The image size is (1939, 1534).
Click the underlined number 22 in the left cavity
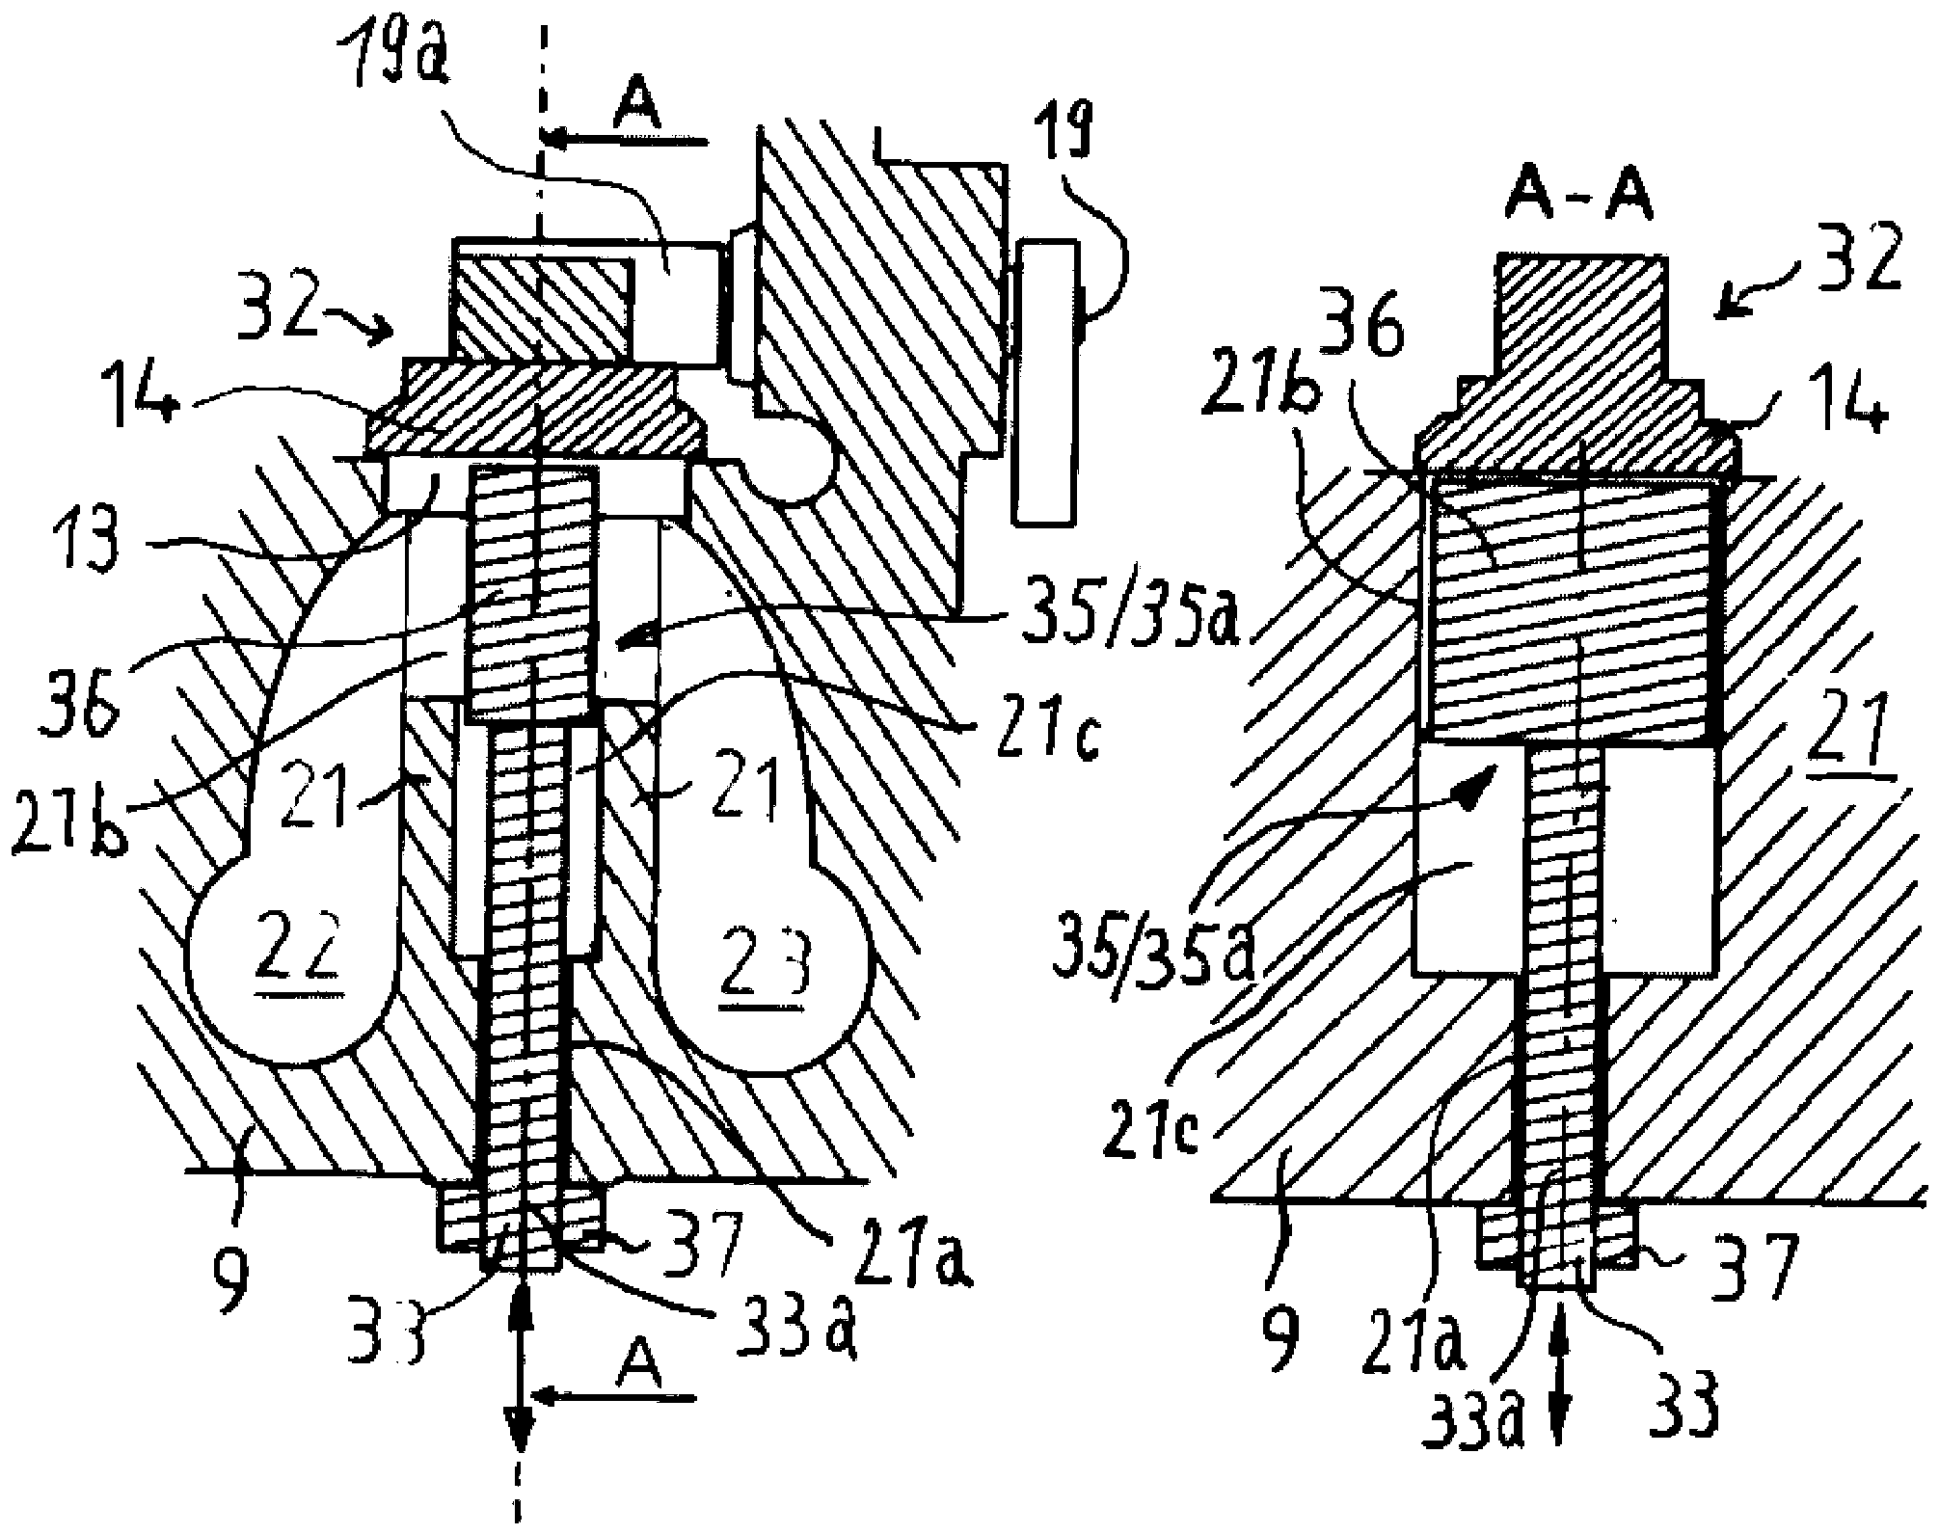(311, 955)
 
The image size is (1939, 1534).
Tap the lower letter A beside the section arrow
(641, 1367)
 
